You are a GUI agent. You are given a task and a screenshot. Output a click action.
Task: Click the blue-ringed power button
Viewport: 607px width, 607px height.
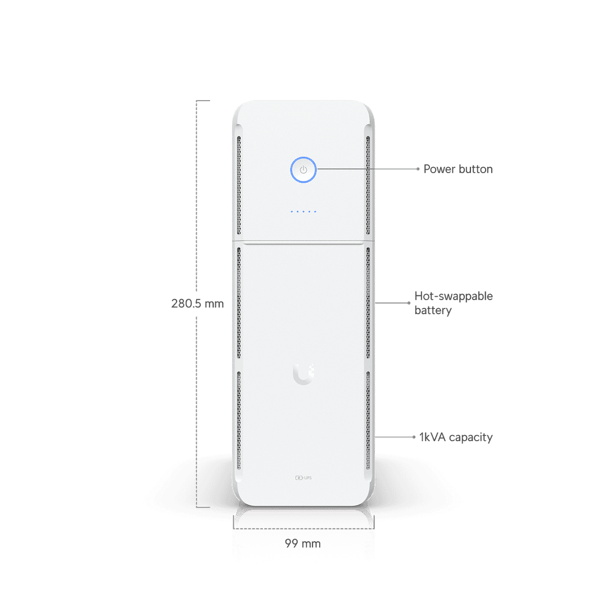(x=303, y=170)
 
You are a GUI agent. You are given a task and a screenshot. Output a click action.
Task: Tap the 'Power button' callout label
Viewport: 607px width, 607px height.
(x=458, y=169)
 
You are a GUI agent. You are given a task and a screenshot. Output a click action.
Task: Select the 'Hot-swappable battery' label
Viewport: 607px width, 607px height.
(x=454, y=303)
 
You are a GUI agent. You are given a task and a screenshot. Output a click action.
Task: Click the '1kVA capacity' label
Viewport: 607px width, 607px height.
(x=456, y=437)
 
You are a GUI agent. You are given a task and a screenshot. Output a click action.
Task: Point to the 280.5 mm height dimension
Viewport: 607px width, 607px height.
(x=197, y=303)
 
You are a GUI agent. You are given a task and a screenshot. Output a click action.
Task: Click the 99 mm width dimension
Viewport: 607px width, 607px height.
(x=303, y=543)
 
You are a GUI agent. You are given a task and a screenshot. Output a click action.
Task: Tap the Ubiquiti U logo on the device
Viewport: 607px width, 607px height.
(x=303, y=374)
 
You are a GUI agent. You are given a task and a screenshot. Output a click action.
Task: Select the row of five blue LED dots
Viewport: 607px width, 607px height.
(x=303, y=212)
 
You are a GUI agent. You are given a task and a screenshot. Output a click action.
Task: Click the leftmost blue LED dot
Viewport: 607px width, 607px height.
(x=292, y=212)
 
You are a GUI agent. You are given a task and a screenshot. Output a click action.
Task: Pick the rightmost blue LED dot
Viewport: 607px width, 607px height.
(x=315, y=212)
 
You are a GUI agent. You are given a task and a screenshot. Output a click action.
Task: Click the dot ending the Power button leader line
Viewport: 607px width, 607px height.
(x=418, y=169)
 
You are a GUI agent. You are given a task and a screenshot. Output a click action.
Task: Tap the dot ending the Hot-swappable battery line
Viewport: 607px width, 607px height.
(x=409, y=303)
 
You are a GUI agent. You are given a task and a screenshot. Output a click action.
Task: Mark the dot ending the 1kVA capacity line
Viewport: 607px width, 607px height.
(x=414, y=437)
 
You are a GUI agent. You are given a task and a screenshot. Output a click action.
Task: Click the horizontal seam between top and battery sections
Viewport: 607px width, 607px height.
(x=303, y=242)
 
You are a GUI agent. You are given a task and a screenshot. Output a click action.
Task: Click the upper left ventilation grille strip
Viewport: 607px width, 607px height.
(x=239, y=185)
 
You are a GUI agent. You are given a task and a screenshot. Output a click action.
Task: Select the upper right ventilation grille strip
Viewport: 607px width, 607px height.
(x=368, y=185)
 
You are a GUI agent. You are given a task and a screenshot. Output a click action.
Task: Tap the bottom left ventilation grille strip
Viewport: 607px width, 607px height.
(x=239, y=420)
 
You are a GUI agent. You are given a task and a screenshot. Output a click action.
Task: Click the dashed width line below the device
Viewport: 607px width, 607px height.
(x=304, y=528)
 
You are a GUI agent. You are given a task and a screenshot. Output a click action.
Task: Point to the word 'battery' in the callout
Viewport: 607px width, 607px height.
(x=433, y=310)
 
